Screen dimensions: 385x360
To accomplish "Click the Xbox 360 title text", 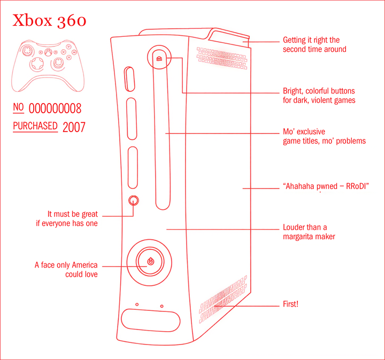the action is coord(49,20).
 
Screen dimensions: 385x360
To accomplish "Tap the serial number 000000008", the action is coord(55,108).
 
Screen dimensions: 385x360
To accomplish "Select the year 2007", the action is coord(74,127).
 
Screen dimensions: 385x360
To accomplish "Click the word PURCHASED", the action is coord(35,126).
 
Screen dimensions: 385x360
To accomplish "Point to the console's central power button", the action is coord(150,261).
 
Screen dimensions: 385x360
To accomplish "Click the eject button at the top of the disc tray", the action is coord(159,59).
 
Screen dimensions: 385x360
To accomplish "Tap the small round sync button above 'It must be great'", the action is coord(134,200).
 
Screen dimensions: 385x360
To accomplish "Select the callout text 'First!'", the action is coord(290,304).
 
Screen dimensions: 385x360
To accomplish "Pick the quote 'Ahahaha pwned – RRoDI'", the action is coord(326,186).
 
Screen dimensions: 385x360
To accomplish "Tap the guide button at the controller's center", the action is coord(48,52).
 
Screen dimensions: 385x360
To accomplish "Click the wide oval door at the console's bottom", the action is coord(150,320).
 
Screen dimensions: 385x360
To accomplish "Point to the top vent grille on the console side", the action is coord(222,58).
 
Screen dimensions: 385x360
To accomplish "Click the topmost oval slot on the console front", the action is coord(129,79).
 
